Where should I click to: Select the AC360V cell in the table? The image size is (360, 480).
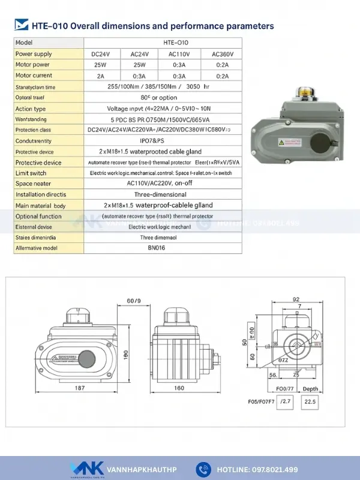point(223,54)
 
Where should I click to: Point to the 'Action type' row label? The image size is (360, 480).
point(31,109)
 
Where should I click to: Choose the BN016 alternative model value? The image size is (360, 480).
point(155,247)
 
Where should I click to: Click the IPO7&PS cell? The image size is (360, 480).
point(155,141)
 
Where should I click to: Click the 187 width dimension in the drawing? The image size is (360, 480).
point(80,388)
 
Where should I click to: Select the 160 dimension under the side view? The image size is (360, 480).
point(179,388)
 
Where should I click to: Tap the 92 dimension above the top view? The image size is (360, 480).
point(296,298)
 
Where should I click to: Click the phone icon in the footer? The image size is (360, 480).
point(204,469)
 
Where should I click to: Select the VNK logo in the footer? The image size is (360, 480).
point(83,469)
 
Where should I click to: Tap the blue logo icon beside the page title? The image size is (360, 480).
point(21,25)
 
